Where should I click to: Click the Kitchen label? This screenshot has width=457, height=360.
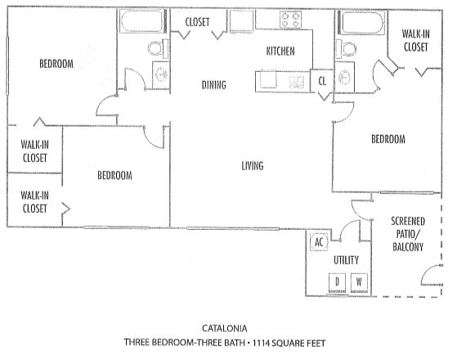280,52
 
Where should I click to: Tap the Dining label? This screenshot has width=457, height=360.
214,85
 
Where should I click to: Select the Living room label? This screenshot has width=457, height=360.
253,166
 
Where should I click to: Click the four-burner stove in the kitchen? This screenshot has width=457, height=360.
290,20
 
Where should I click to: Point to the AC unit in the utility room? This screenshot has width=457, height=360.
319,242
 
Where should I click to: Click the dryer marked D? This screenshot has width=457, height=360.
337,282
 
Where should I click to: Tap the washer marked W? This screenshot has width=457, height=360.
359,282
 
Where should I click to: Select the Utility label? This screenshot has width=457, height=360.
346,260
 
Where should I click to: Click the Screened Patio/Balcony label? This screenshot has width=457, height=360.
408,234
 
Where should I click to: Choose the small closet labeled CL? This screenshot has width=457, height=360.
322,81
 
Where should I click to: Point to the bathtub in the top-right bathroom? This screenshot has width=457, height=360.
361,22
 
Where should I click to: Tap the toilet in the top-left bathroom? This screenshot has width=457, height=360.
158,49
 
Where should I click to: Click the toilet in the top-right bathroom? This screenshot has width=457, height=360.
347,49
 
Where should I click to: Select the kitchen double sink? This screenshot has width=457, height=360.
297,82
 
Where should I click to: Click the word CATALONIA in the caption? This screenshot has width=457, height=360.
225,328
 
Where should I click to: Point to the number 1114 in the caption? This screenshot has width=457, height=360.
261,343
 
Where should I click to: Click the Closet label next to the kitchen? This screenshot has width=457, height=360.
197,22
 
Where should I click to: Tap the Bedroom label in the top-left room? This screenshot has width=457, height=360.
56,64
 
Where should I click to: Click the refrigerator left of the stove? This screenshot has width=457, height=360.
241,21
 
